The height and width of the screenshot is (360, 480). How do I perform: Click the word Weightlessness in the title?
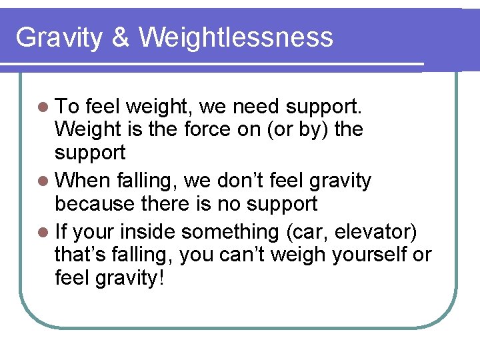pyautogui.click(x=236, y=37)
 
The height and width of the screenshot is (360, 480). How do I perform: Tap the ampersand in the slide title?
pyautogui.click(x=121, y=37)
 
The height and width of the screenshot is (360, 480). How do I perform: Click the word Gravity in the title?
pyautogui.click(x=59, y=37)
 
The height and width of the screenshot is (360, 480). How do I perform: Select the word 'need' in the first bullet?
pyautogui.click(x=257, y=105)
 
